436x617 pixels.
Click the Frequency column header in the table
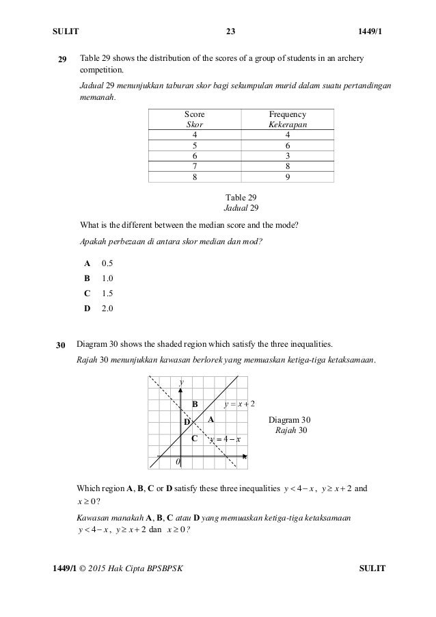click(288, 115)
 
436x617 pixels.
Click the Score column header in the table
click(195, 115)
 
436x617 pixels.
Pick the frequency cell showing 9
click(288, 176)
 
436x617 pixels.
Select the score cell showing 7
click(195, 165)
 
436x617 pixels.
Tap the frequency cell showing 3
click(288, 155)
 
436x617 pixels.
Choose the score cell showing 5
click(195, 144)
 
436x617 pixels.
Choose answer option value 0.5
click(107, 263)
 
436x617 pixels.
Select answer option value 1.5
click(107, 293)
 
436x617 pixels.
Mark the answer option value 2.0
click(107, 308)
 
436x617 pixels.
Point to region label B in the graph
click(195, 404)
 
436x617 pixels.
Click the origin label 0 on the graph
click(178, 462)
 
